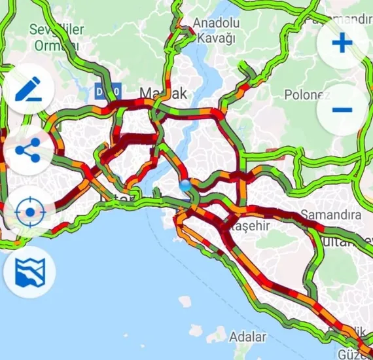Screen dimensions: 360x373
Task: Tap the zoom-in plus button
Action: click(x=342, y=43)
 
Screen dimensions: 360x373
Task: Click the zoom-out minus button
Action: click(x=342, y=109)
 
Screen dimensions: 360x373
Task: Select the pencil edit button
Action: click(x=27, y=90)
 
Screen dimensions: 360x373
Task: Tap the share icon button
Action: click(x=27, y=151)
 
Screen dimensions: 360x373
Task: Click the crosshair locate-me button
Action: click(x=27, y=211)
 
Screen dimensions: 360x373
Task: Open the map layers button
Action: click(x=27, y=272)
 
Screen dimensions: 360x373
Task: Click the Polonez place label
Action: click(x=306, y=94)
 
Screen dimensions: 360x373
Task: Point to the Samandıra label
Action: click(x=330, y=215)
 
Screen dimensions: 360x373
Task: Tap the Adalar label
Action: click(x=248, y=337)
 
